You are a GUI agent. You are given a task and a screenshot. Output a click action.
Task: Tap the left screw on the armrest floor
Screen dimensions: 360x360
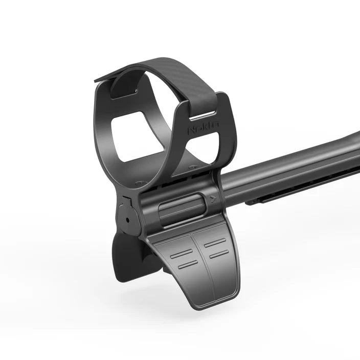142,181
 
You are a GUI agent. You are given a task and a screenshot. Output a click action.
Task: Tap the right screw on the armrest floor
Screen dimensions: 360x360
193,167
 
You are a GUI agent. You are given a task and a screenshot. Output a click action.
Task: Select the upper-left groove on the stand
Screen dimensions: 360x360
181,253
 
